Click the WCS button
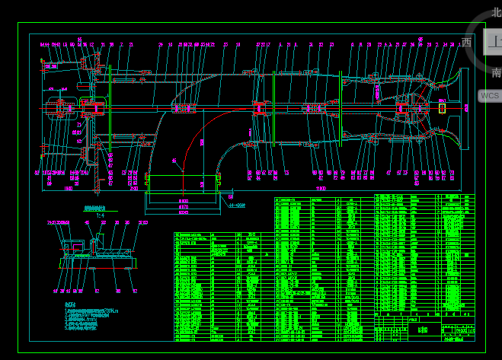[x=490, y=96]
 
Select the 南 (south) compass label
[x=496, y=73]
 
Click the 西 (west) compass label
[x=467, y=43]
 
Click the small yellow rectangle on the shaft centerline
[x=442, y=107]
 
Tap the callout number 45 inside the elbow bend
[x=174, y=161]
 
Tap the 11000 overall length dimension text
[x=322, y=188]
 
